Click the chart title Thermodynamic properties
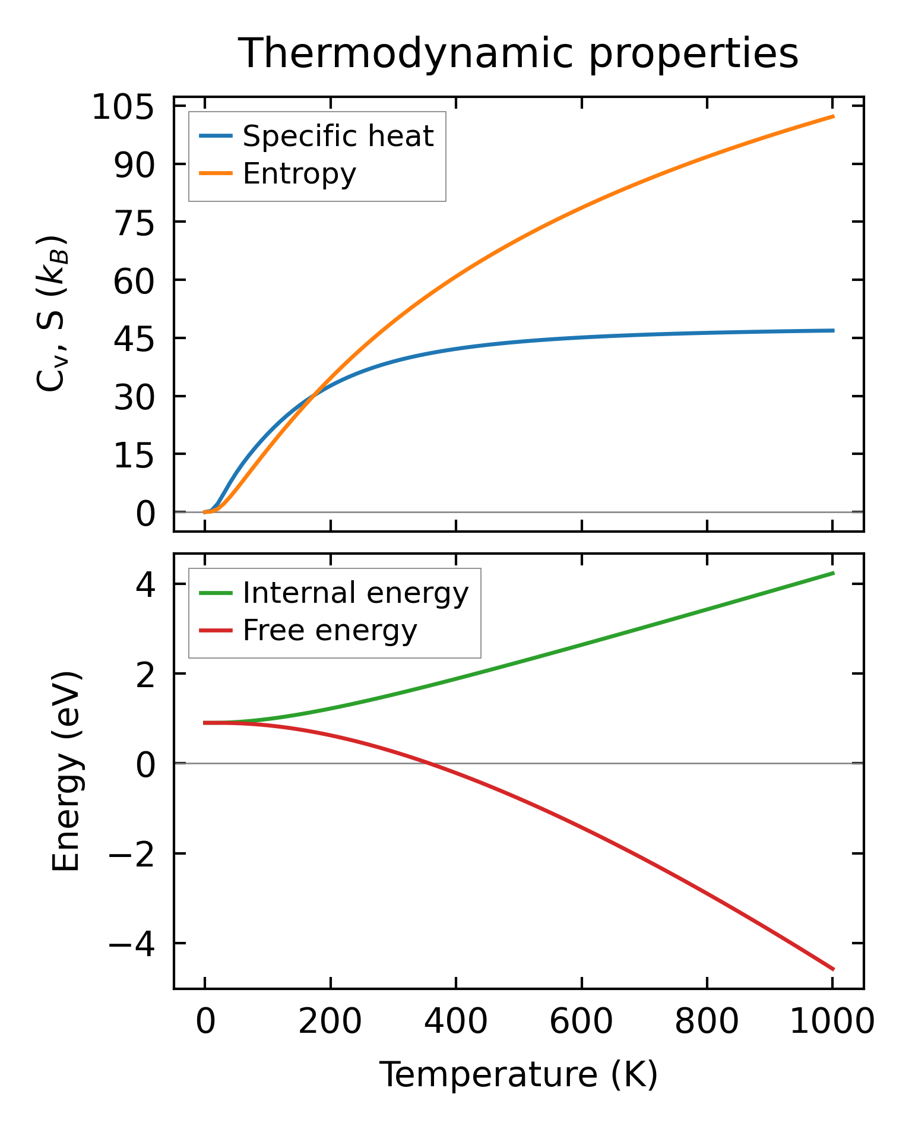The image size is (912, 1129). click(518, 53)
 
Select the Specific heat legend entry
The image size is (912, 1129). click(338, 137)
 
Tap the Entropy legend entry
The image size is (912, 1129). click(299, 174)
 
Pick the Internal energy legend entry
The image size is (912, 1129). click(355, 593)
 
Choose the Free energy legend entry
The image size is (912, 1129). click(330, 631)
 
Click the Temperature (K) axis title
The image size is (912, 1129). click(518, 1075)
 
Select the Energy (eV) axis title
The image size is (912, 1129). click(66, 771)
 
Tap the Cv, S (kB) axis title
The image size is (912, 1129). click(52, 314)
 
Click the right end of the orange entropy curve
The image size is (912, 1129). click(833, 116)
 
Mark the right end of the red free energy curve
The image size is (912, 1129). click(833, 969)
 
